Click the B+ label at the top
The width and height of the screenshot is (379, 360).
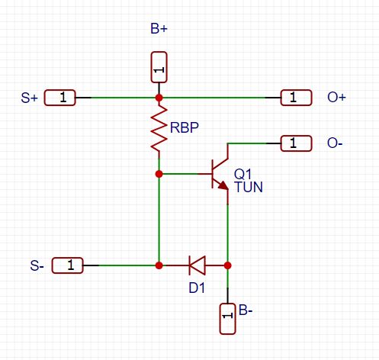click(x=159, y=30)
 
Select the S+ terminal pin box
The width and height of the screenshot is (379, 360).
click(x=59, y=98)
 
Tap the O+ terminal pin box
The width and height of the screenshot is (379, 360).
click(x=297, y=98)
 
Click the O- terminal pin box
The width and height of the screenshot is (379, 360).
click(x=297, y=143)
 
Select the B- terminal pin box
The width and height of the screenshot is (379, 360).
click(x=227, y=318)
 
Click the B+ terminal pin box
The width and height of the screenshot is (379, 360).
click(x=159, y=67)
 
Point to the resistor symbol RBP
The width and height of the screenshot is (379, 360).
click(x=159, y=128)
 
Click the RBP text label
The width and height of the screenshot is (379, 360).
click(x=185, y=128)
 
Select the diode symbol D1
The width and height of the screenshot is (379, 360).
click(x=198, y=265)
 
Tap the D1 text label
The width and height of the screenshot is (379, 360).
click(x=197, y=288)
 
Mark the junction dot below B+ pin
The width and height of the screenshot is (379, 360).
click(x=159, y=98)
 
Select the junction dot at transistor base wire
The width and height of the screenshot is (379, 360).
click(x=159, y=174)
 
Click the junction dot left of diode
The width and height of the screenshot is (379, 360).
click(x=159, y=265)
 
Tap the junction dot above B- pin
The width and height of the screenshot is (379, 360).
click(x=227, y=265)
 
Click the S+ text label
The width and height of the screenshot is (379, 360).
click(x=30, y=98)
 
